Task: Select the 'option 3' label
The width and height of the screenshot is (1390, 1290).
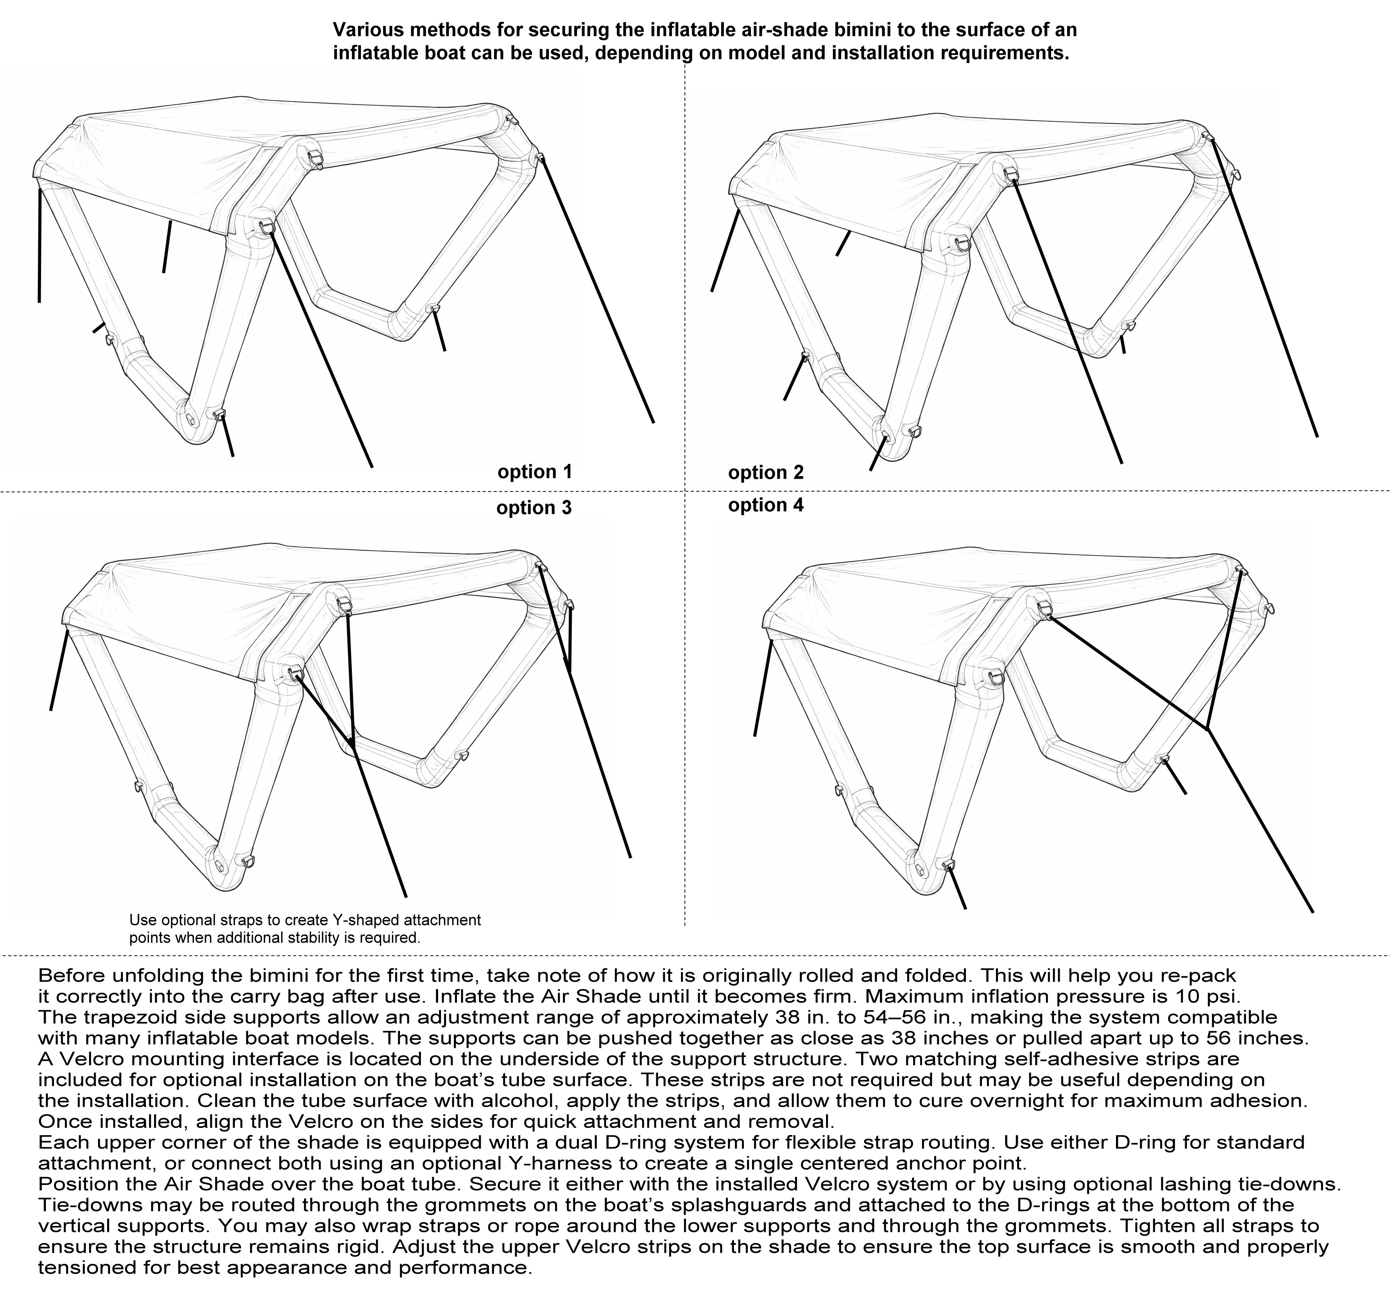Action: pyautogui.click(x=534, y=508)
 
